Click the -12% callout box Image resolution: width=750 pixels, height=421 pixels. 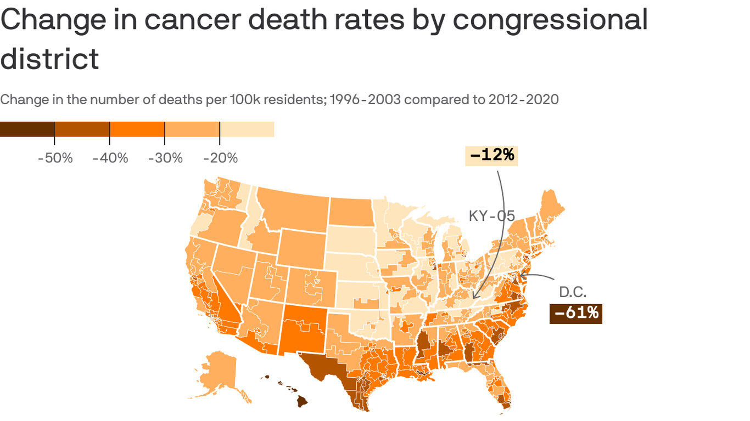coord(491,156)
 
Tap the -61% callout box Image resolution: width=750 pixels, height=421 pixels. coord(575,314)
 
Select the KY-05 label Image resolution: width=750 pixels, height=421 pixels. coord(491,216)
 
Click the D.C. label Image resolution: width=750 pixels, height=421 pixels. coord(573,292)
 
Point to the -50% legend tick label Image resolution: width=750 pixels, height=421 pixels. coord(55,158)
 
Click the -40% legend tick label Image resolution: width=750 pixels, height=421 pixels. coord(110,158)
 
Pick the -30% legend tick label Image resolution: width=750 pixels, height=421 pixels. coord(165,158)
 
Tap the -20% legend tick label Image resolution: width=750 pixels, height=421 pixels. coord(220,158)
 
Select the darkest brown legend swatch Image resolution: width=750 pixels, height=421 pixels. coord(27,129)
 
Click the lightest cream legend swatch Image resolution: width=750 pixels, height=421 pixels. coord(247,129)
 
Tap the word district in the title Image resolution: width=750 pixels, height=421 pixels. coord(49,59)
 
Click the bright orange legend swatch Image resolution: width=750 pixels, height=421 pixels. coord(137,129)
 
